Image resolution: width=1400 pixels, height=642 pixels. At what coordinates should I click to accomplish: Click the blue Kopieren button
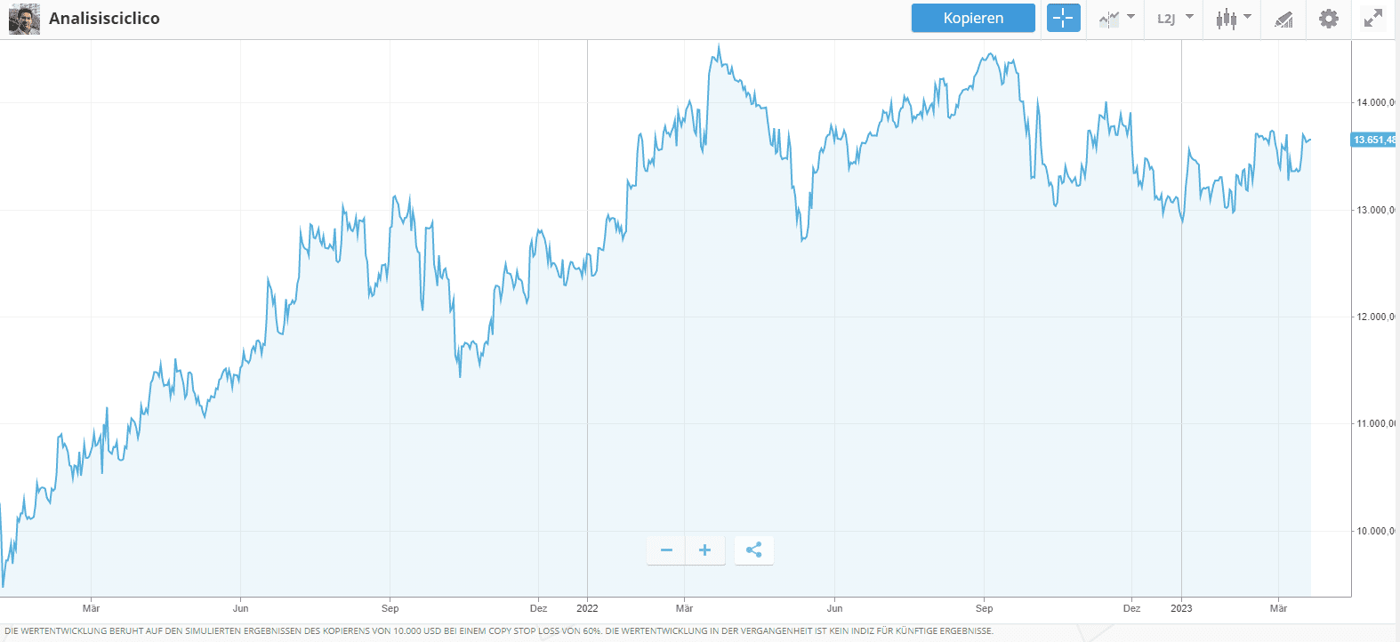coord(973,18)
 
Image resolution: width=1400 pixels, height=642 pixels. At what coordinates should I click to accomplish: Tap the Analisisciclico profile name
coord(104,19)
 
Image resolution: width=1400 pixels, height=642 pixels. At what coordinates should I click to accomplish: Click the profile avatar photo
coord(24,19)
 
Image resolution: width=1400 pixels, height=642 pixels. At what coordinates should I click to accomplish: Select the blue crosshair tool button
coord(1063,18)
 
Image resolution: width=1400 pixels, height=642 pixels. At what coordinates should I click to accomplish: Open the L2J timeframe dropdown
coord(1174,18)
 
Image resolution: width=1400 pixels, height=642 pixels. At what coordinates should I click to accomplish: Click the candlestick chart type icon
coord(1227,18)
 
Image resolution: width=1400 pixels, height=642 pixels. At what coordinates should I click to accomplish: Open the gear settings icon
coord(1328,18)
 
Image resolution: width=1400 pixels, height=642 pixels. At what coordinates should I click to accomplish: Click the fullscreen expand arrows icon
coord(1373,18)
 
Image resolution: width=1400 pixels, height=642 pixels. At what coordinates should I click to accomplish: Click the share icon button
coord(753,550)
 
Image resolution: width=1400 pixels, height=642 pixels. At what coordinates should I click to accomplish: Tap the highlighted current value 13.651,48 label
coord(1374,140)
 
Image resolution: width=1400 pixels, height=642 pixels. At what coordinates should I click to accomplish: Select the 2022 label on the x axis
coord(587,608)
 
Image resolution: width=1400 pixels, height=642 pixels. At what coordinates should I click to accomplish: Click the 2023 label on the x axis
coord(1181,608)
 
